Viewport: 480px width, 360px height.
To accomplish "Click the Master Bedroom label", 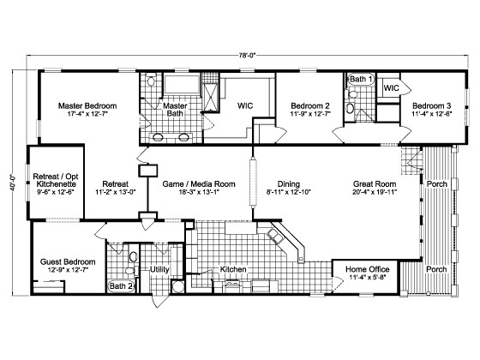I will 87,106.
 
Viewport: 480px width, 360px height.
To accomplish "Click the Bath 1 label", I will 361,80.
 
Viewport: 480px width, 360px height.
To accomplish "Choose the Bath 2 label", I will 119,285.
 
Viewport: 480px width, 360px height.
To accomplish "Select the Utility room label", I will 160,269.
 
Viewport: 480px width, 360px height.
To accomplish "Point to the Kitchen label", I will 233,269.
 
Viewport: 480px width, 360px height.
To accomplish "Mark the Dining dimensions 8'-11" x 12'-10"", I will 287,193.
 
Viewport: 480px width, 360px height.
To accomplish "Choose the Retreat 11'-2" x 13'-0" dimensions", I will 116,193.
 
